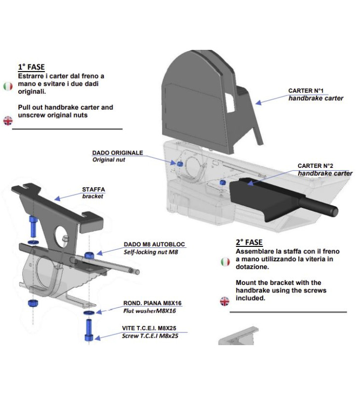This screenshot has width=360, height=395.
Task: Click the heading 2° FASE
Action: [249, 242]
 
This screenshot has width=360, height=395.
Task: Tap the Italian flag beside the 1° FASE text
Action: [8, 86]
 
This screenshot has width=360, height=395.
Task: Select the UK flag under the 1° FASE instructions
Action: [8, 120]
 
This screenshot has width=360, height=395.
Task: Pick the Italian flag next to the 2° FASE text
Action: [225, 262]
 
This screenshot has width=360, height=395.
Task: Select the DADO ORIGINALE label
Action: [117, 153]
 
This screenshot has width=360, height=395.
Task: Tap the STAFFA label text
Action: [93, 189]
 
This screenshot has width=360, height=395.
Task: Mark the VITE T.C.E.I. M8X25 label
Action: [150, 328]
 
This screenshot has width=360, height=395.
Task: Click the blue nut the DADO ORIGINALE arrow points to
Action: [180, 163]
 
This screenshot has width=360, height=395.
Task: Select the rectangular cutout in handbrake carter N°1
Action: [230, 100]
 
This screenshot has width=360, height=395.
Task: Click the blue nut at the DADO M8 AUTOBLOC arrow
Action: [90, 255]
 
